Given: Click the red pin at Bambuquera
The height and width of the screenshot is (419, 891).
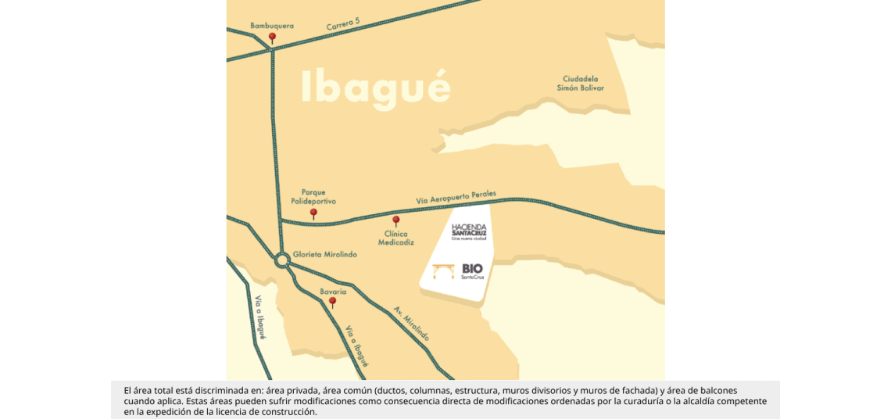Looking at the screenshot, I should point(272,38).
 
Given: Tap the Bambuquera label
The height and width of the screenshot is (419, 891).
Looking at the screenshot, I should point(272,26).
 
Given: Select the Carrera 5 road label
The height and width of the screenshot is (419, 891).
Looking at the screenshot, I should point(343,24).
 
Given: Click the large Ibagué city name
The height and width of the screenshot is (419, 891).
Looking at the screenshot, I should point(376,87).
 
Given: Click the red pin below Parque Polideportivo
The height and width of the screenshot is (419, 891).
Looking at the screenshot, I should point(313,213).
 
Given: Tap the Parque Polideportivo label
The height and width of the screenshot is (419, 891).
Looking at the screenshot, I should point(313,196).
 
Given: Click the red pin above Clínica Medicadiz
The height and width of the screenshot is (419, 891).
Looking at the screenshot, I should point(395,220).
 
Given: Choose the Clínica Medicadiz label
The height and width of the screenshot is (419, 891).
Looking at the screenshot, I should point(396,238).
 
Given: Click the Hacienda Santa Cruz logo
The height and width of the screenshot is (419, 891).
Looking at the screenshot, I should point(469,231).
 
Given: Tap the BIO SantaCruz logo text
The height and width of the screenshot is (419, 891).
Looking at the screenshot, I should point(473,270).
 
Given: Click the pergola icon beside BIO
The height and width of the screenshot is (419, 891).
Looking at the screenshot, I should point(444,271).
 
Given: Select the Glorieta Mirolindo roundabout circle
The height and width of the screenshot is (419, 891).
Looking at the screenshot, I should point(282,260).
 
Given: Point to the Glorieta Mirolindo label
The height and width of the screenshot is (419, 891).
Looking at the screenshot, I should point(325,255).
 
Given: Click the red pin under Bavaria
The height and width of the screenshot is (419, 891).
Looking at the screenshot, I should point(332,301).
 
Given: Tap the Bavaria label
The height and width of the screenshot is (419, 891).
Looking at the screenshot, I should point(333,292).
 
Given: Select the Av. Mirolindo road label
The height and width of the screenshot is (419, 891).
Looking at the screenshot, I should point(411,323).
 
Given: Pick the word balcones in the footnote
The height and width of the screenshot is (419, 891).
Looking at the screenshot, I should point(717,390).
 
